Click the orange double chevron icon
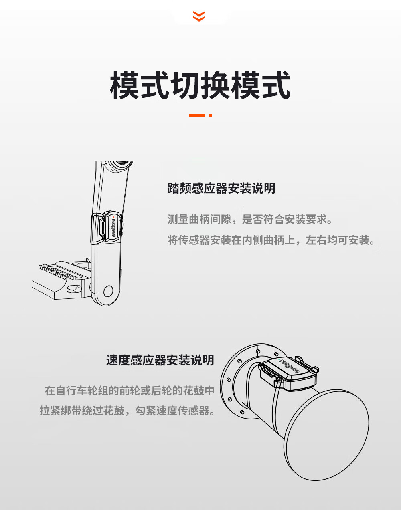199,16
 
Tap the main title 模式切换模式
200,85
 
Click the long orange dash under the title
197,116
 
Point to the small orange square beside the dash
210,116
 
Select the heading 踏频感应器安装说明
221,188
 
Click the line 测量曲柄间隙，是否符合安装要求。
250,219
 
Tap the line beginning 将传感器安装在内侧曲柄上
271,240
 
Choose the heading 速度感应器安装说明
160,360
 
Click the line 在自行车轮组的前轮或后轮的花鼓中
130,391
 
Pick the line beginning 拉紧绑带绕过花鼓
127,411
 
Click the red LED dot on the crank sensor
113,217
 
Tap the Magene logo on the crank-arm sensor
113,228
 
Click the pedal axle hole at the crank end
108,291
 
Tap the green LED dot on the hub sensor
279,359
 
